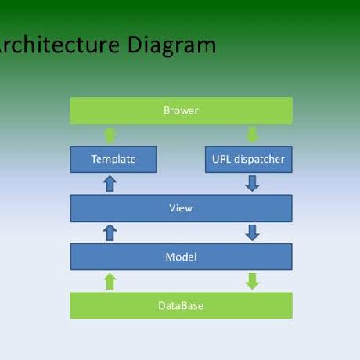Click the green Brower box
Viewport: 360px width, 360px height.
[181, 110]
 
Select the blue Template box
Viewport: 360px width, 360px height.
[113, 159]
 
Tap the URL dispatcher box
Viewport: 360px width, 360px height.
[248, 159]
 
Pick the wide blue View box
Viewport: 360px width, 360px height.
[181, 208]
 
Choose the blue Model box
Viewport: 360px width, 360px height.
[181, 257]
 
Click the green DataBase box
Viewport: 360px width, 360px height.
[181, 305]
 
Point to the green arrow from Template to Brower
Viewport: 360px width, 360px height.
[110, 135]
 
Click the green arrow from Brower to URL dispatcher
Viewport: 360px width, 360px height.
[252, 135]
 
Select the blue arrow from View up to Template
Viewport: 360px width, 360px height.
[110, 184]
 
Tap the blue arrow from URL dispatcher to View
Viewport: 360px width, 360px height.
[252, 184]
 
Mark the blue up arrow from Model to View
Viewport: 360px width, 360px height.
[110, 232]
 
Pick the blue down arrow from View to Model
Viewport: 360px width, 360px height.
[252, 232]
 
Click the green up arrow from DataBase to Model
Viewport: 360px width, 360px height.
[110, 281]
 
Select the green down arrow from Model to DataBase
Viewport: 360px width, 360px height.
[252, 281]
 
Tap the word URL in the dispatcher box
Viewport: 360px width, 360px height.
[221, 159]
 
